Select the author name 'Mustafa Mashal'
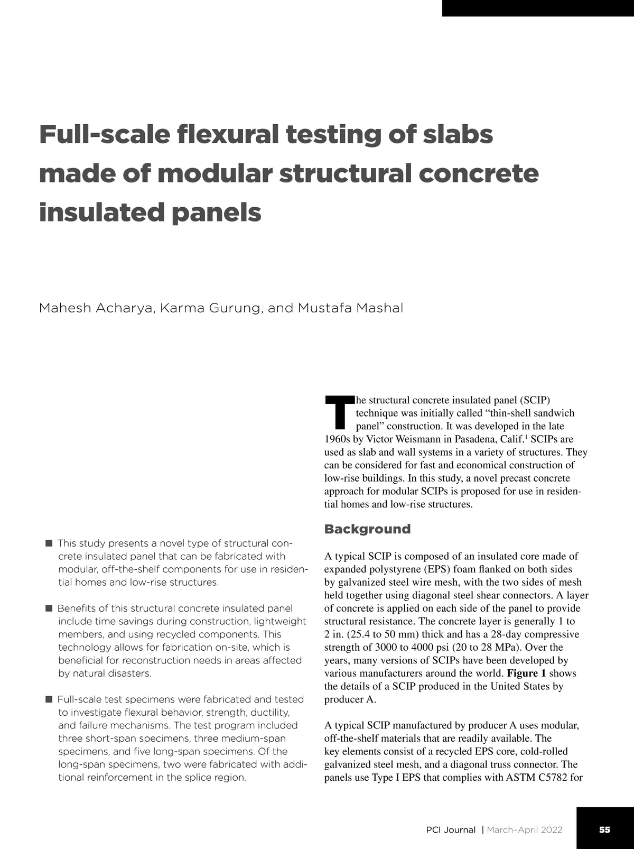350,308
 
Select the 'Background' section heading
367,529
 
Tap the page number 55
604,829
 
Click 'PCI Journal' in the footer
451,830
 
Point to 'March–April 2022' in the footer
524,830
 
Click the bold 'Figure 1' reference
526,673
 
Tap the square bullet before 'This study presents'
49,543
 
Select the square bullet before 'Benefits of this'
49,608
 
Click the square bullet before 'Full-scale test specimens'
49,699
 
